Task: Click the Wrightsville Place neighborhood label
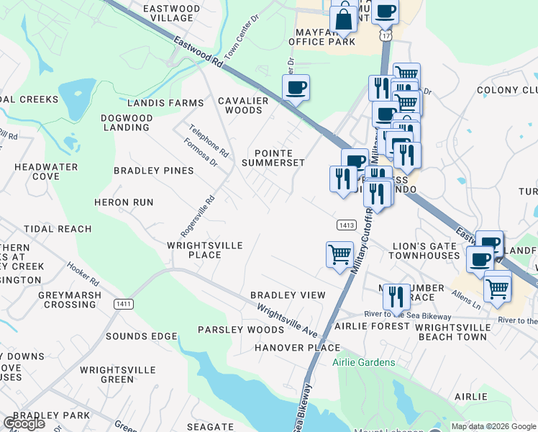click(204, 250)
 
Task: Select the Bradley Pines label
click(154, 171)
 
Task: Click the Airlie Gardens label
click(364, 362)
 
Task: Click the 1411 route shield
click(123, 305)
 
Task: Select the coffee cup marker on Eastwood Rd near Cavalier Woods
click(296, 89)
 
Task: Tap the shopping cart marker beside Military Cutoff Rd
click(339, 255)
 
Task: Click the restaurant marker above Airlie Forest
click(396, 295)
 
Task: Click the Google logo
click(24, 423)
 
